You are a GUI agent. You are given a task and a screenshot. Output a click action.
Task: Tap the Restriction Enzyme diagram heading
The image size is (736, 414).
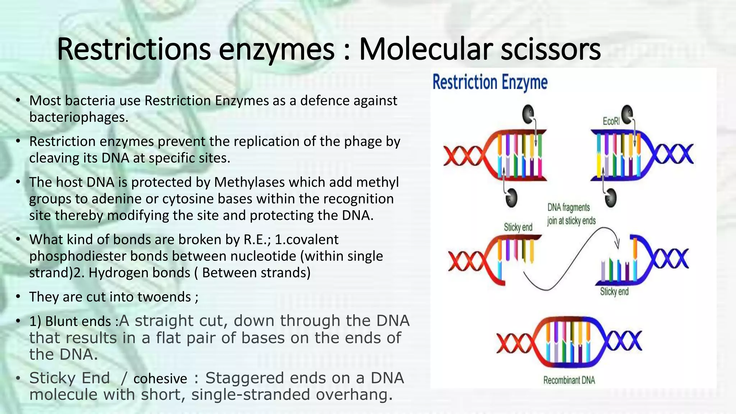(x=490, y=83)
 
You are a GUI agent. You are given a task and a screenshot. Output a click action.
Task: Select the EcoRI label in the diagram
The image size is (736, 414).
(x=611, y=121)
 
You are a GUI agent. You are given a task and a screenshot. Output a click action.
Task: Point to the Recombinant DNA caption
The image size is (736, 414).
(x=569, y=380)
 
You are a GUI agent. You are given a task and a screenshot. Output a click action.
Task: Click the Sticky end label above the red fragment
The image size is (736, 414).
(x=518, y=227)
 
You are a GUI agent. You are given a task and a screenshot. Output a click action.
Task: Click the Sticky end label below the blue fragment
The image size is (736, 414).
(x=614, y=291)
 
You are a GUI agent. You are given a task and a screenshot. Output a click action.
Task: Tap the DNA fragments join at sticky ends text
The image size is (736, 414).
(x=571, y=214)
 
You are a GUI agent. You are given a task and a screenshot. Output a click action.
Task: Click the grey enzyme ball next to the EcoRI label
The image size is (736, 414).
(x=627, y=114)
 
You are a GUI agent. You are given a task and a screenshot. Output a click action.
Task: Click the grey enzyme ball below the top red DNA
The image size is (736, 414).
(x=511, y=197)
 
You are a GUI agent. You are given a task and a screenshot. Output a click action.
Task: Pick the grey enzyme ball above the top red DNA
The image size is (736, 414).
(x=528, y=114)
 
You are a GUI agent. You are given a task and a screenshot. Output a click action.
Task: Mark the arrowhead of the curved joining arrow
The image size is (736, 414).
(x=617, y=245)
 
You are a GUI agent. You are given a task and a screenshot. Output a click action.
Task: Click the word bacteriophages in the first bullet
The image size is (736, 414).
(x=78, y=118)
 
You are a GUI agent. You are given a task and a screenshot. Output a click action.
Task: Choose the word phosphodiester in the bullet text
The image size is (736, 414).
(x=75, y=256)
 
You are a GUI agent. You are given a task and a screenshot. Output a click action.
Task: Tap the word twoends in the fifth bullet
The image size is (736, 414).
(x=164, y=297)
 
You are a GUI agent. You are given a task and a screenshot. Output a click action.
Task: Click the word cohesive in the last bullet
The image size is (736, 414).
(x=160, y=378)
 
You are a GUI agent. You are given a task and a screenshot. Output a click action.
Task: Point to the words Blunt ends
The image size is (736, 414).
(x=78, y=321)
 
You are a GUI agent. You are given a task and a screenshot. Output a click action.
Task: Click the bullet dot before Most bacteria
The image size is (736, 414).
(x=18, y=101)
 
